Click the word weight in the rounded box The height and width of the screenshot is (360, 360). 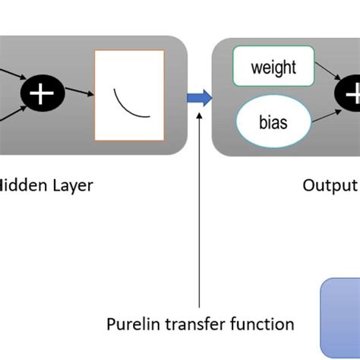273,68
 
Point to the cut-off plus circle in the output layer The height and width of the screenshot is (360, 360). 349,95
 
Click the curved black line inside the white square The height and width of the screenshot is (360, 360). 129,104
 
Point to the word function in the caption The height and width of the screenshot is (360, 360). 263,324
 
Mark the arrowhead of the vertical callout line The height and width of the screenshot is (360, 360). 200,114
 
